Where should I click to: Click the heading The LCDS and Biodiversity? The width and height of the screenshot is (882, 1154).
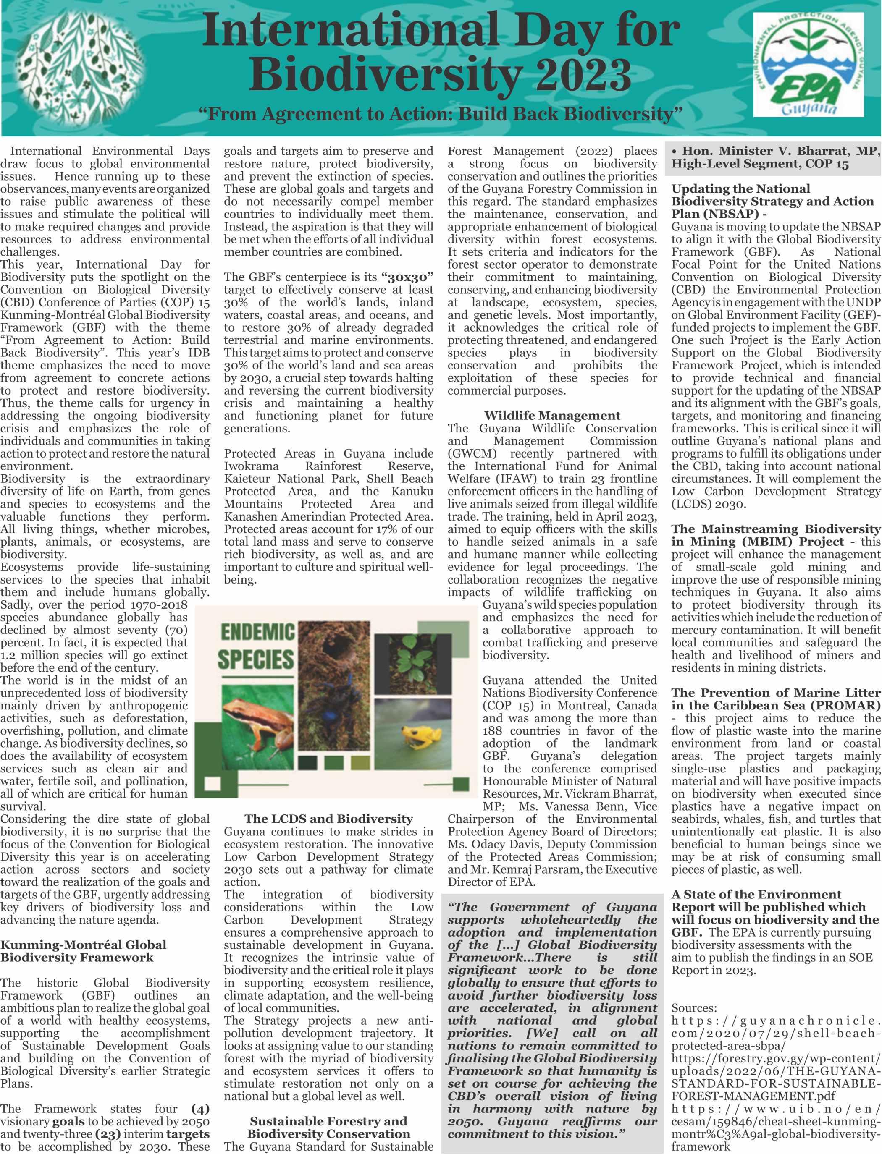click(328, 819)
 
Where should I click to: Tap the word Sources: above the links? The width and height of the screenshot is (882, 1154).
click(693, 1007)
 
